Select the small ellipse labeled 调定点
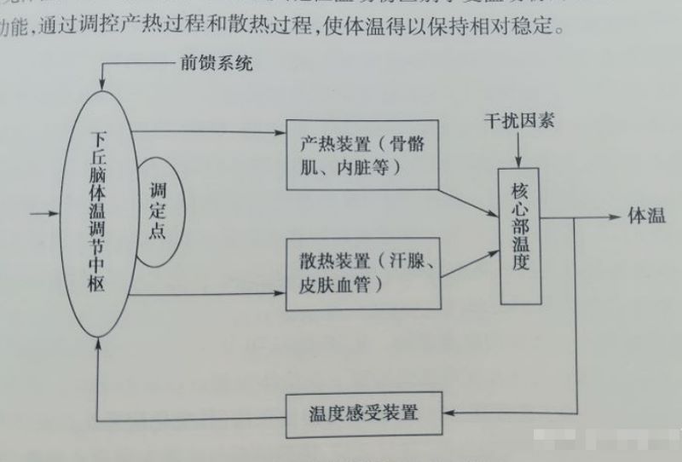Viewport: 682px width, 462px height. click(x=156, y=210)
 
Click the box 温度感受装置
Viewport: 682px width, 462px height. click(x=364, y=413)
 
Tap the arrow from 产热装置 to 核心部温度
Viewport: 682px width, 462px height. click(x=469, y=199)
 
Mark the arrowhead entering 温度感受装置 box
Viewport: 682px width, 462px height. click(x=450, y=414)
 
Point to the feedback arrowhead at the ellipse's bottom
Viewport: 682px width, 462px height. click(x=101, y=342)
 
